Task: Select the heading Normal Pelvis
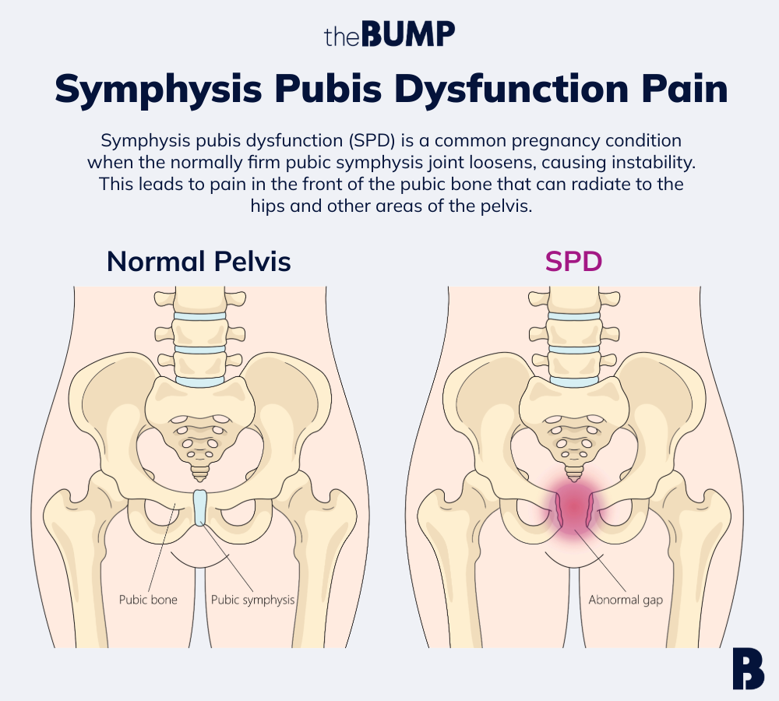tap(199, 262)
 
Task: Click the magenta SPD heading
tap(573, 262)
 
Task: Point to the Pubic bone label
tap(148, 600)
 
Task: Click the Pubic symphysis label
tap(253, 600)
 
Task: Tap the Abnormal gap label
tap(626, 600)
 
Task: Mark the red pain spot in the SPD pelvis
tap(574, 505)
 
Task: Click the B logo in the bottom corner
tap(748, 668)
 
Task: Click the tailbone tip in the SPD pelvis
tap(574, 476)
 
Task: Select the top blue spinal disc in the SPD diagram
tap(574, 317)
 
